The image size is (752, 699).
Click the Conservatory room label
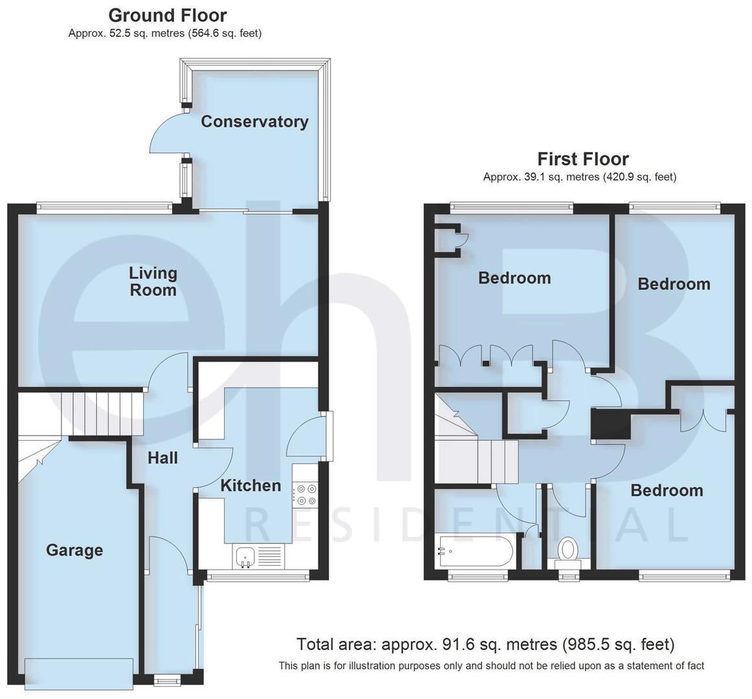254,122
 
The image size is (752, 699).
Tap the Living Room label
153,282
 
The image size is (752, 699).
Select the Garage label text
74,550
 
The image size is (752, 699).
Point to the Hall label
162,458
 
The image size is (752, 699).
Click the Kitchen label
250,485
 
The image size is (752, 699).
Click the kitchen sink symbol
245,556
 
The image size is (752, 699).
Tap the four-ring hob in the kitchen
304,495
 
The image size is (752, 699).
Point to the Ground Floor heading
167,15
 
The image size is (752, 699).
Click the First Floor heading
582,159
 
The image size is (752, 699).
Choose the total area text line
485,644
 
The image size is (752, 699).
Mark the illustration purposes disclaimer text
491,665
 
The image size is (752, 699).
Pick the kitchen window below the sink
257,574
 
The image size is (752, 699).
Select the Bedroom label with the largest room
514,278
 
